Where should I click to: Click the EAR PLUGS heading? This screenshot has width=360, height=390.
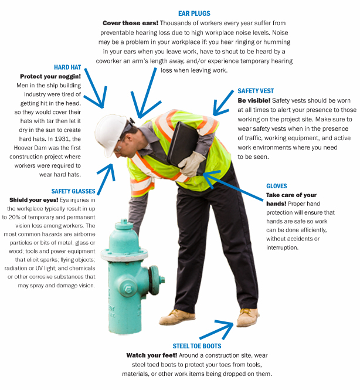point(194,13)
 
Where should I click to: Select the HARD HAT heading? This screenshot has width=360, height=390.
point(67,67)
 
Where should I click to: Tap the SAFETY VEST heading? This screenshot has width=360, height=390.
point(256,91)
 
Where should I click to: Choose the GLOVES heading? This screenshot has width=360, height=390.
point(277,186)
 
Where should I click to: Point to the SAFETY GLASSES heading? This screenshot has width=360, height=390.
point(73,191)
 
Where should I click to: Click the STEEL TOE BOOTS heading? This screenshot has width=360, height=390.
point(197,346)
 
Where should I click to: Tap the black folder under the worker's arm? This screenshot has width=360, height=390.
point(185,145)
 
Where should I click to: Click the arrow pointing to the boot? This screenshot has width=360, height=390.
point(216,330)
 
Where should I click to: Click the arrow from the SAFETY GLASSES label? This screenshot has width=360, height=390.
point(105,179)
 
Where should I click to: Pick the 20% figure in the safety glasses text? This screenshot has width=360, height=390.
point(14,217)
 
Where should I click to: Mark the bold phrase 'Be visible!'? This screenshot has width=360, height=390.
point(254,100)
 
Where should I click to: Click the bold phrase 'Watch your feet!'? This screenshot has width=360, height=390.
point(152,355)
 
